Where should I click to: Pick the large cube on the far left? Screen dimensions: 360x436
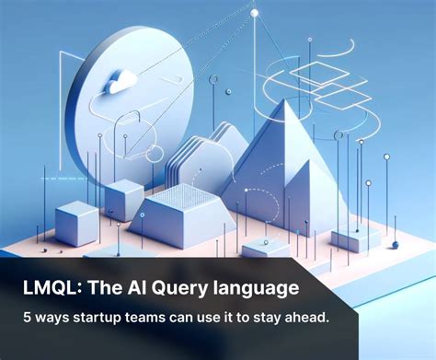click(76, 224)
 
